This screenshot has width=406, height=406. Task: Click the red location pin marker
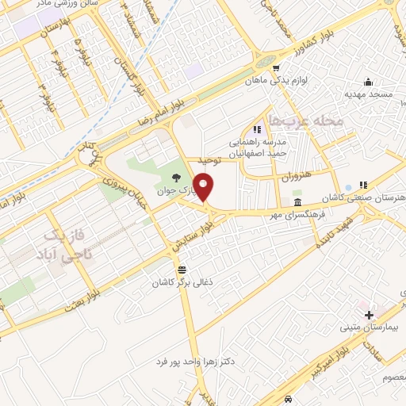(x=204, y=189)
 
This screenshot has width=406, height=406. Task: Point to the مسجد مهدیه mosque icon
(x=367, y=82)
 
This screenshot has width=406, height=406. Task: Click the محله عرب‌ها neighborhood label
(x=302, y=121)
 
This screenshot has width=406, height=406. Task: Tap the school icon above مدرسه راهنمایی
(x=256, y=129)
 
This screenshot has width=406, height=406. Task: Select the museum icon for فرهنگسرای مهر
(x=297, y=203)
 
